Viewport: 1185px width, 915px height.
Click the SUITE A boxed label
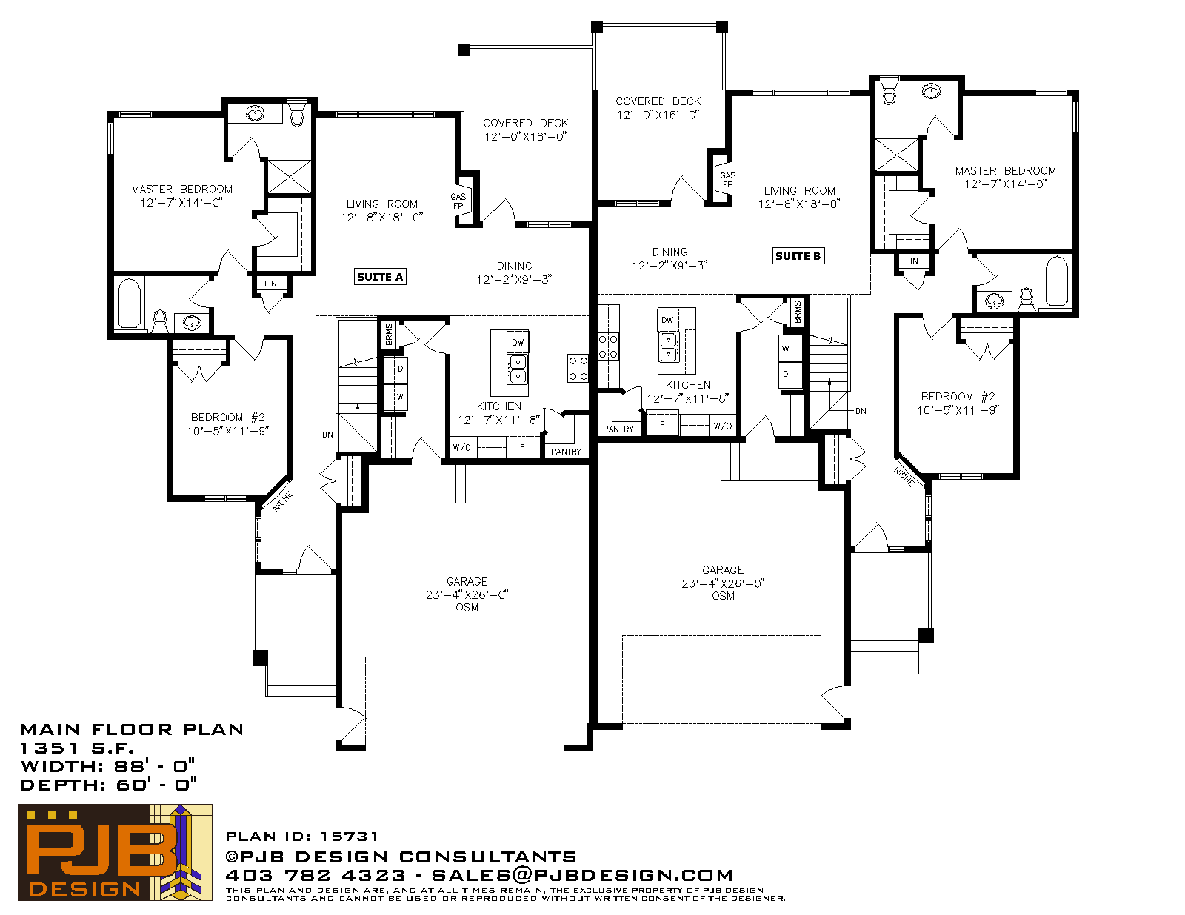tap(380, 277)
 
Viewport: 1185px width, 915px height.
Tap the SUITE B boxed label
tap(798, 256)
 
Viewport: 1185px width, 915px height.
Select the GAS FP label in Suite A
tap(458, 201)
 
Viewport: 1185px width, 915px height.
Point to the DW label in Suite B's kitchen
tap(667, 320)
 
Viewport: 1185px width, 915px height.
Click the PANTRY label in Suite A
tap(566, 452)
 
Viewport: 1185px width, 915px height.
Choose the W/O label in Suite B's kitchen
tap(723, 426)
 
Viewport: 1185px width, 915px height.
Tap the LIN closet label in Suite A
tap(270, 284)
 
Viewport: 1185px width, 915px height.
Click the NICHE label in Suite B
tap(905, 476)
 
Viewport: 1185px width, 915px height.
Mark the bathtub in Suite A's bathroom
tap(130, 304)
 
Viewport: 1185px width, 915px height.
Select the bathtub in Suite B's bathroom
tap(1057, 281)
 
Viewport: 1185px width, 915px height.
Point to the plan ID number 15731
tap(349, 837)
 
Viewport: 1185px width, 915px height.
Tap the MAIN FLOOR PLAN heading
tap(132, 730)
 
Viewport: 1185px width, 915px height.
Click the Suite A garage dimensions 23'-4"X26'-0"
tap(467, 594)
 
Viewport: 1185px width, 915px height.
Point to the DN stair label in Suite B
tap(861, 411)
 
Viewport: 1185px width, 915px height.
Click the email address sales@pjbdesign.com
tap(582, 875)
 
